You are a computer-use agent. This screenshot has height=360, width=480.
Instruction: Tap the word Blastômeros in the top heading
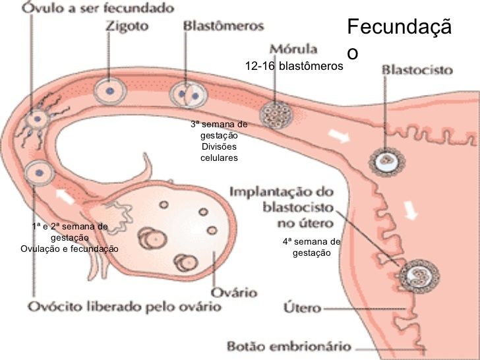tap(222, 26)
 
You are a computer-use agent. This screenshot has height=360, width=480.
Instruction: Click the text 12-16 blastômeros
tap(294, 66)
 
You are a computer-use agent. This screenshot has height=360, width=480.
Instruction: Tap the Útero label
tap(301, 307)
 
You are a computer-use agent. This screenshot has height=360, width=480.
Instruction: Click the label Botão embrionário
tap(287, 345)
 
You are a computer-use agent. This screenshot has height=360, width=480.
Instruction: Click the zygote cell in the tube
tap(109, 90)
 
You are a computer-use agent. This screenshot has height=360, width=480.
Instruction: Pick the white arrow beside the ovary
tap(65, 195)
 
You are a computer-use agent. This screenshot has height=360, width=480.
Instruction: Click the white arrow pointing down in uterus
tap(411, 210)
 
